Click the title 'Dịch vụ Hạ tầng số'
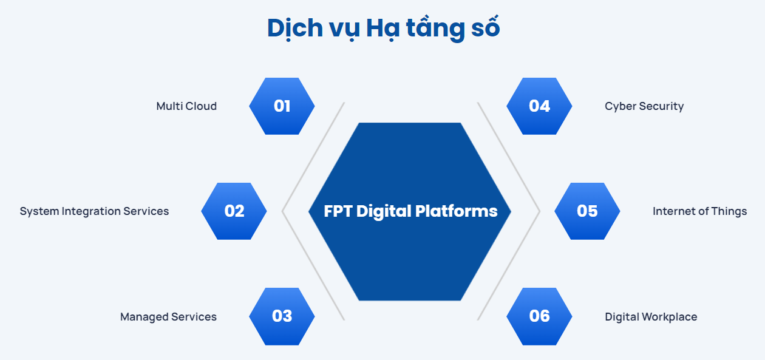[383, 29]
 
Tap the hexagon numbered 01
[282, 106]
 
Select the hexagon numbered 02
[234, 211]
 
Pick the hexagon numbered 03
[282, 316]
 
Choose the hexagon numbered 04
[539, 106]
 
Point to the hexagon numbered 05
[587, 211]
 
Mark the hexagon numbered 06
[539, 316]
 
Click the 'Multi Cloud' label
[186, 106]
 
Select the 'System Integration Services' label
[94, 211]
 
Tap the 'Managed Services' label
[168, 317]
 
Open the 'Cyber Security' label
[644, 106]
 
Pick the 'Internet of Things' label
[699, 211]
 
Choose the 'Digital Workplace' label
[651, 317]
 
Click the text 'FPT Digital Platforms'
[410, 211]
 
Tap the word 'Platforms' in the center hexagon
[465, 211]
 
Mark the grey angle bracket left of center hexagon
[284, 211]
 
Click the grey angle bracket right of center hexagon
[538, 211]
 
